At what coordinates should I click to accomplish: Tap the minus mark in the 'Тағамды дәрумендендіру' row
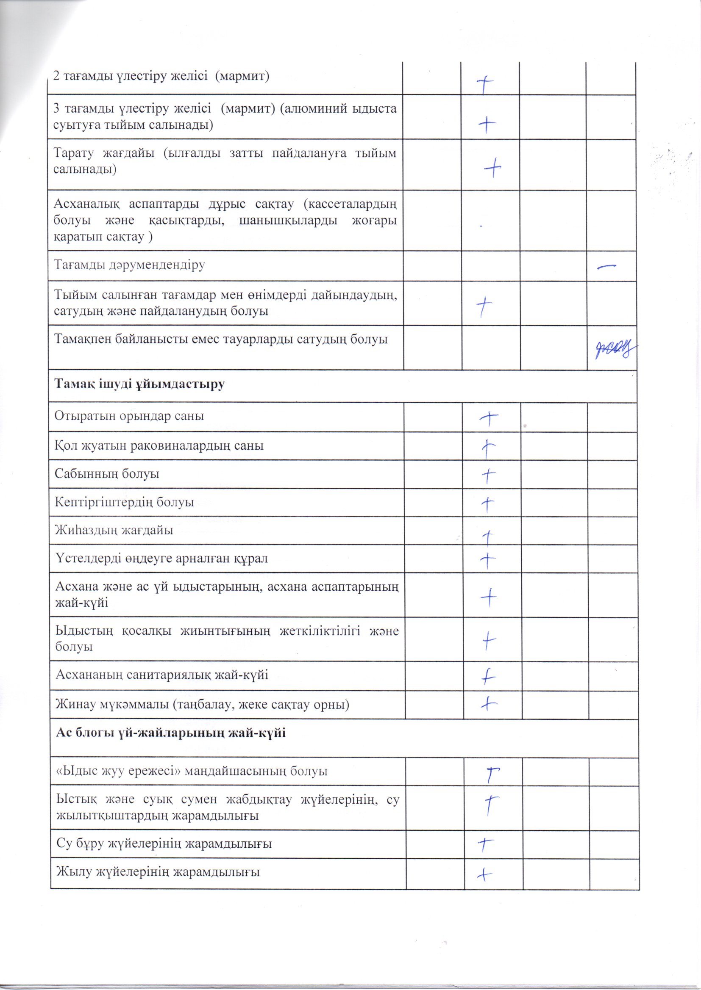click(x=606, y=267)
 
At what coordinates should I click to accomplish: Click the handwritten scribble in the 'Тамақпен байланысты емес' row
click(x=612, y=349)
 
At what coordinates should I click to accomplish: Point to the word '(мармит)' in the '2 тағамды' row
click(x=242, y=76)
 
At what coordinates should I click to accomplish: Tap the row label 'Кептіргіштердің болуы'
click(x=124, y=502)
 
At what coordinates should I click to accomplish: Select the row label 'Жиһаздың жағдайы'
click(x=114, y=530)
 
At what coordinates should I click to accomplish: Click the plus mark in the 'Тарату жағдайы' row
click(x=492, y=167)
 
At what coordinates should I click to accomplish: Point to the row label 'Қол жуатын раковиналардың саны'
click(x=159, y=445)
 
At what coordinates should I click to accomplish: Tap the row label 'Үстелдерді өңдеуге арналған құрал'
click(x=161, y=559)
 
